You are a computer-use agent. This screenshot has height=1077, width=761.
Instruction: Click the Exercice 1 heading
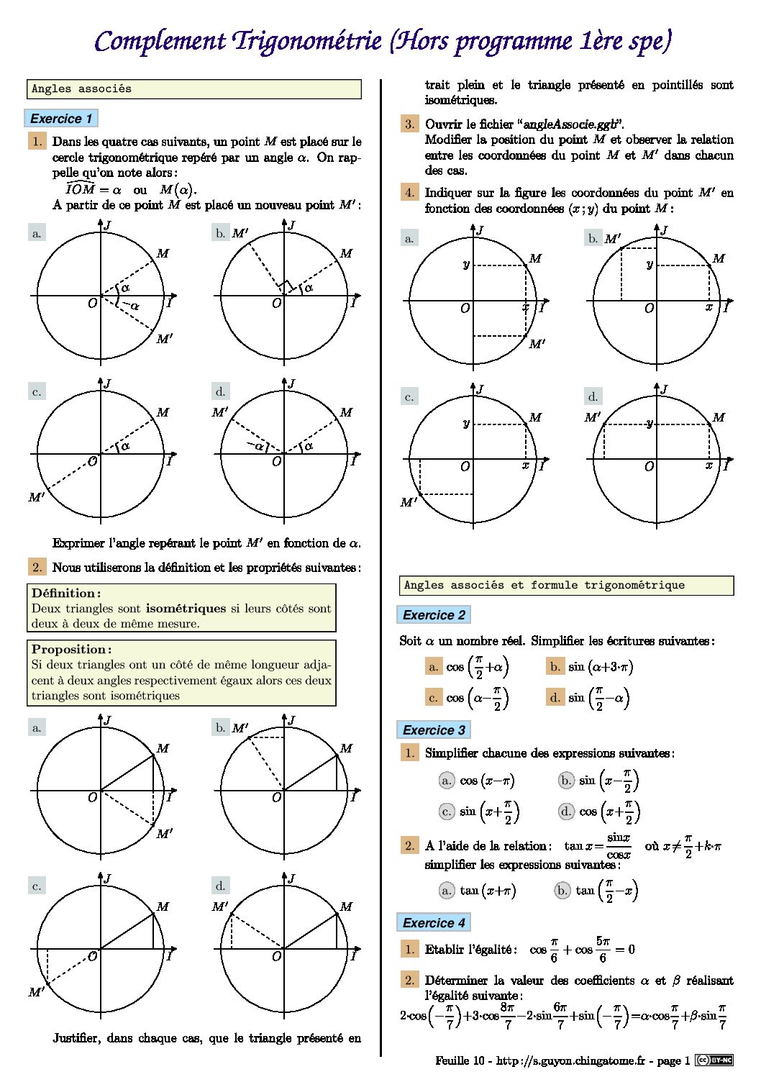(x=61, y=119)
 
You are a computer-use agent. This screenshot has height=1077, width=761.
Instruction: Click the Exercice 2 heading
(x=434, y=615)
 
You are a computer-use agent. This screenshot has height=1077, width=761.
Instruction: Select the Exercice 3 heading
(x=434, y=730)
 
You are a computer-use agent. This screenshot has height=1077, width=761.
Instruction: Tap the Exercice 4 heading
(x=434, y=923)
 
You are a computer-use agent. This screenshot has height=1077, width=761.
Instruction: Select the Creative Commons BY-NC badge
(x=714, y=1060)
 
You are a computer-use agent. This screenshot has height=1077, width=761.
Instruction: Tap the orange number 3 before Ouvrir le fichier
(x=409, y=124)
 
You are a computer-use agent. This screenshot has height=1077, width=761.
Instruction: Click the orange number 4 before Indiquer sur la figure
(x=409, y=192)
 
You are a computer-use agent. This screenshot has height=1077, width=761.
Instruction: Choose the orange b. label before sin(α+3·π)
(x=555, y=667)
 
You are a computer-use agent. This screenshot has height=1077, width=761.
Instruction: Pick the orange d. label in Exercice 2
(x=555, y=697)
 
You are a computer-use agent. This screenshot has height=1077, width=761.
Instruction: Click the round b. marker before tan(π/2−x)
(x=562, y=891)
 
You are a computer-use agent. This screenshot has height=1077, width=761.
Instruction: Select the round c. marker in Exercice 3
(x=447, y=812)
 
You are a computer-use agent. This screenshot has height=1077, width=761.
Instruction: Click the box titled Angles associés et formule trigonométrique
(x=566, y=586)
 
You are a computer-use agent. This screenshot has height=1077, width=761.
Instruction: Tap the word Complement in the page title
(x=160, y=41)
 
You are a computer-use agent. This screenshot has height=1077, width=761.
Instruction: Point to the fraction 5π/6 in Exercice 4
(x=603, y=949)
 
